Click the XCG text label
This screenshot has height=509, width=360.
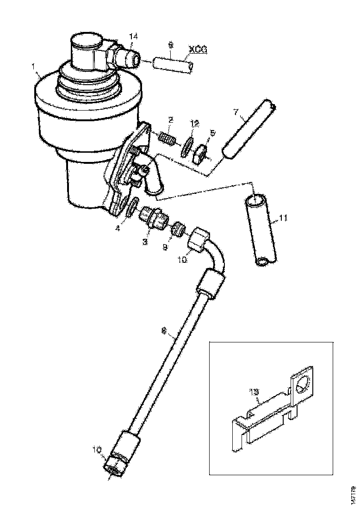(x=197, y=48)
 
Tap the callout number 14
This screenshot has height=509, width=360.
(x=133, y=36)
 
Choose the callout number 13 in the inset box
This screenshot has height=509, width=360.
(x=254, y=392)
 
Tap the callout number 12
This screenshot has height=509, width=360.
(x=195, y=123)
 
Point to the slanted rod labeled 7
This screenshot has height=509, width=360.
(x=249, y=130)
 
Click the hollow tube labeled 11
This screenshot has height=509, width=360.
(x=261, y=231)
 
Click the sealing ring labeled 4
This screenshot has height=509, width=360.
(x=133, y=206)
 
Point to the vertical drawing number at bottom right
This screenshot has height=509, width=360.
(x=353, y=494)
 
